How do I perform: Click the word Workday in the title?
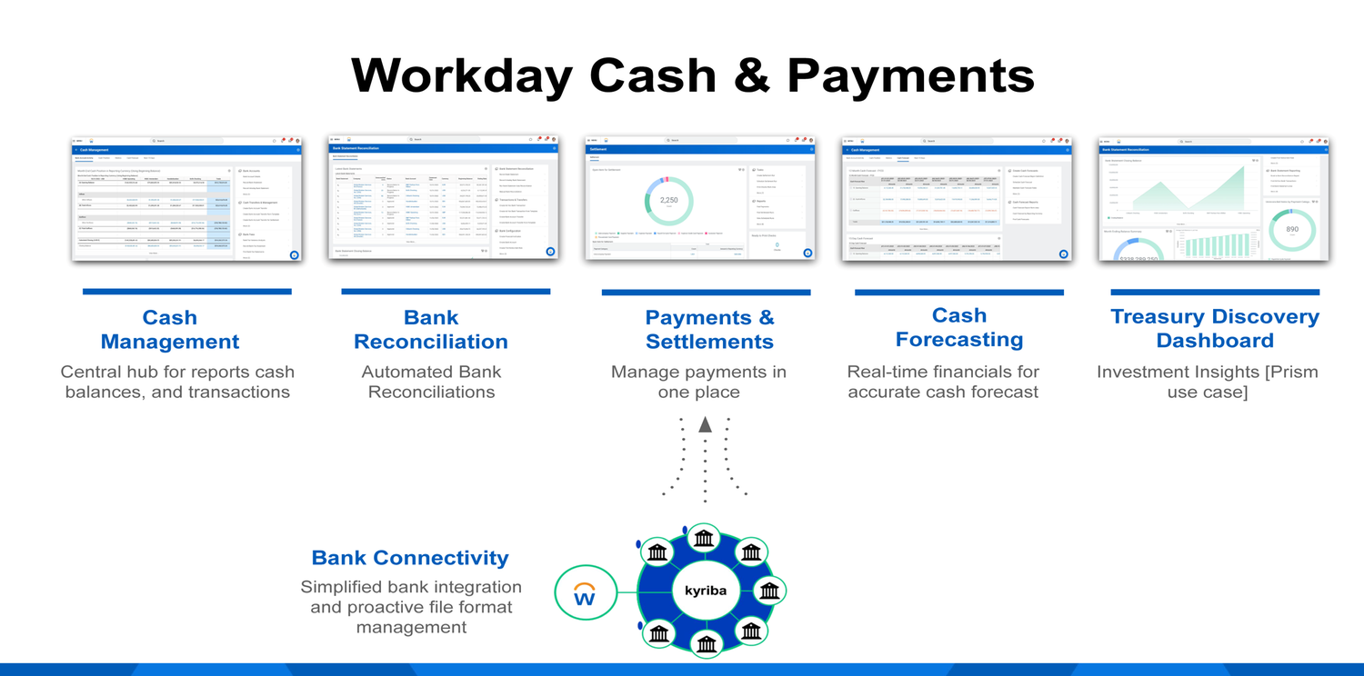(x=461, y=75)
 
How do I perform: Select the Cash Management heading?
(x=170, y=329)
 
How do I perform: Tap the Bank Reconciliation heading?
(x=431, y=329)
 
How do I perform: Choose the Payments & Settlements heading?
(x=709, y=329)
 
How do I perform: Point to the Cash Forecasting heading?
(x=959, y=327)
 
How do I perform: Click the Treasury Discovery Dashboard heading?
(x=1215, y=328)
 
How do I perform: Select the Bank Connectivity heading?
(x=410, y=558)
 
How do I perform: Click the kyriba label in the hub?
(x=706, y=591)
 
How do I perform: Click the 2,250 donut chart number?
(x=669, y=200)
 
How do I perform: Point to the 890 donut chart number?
(x=1292, y=229)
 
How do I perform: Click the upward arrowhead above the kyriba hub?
(x=705, y=424)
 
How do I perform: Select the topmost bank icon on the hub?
(x=704, y=539)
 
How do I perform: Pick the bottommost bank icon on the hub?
(x=707, y=643)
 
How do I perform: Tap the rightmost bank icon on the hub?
(x=770, y=591)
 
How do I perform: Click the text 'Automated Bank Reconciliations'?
(x=431, y=382)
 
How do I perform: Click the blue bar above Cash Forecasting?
(x=958, y=293)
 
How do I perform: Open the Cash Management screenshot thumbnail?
(x=186, y=199)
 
